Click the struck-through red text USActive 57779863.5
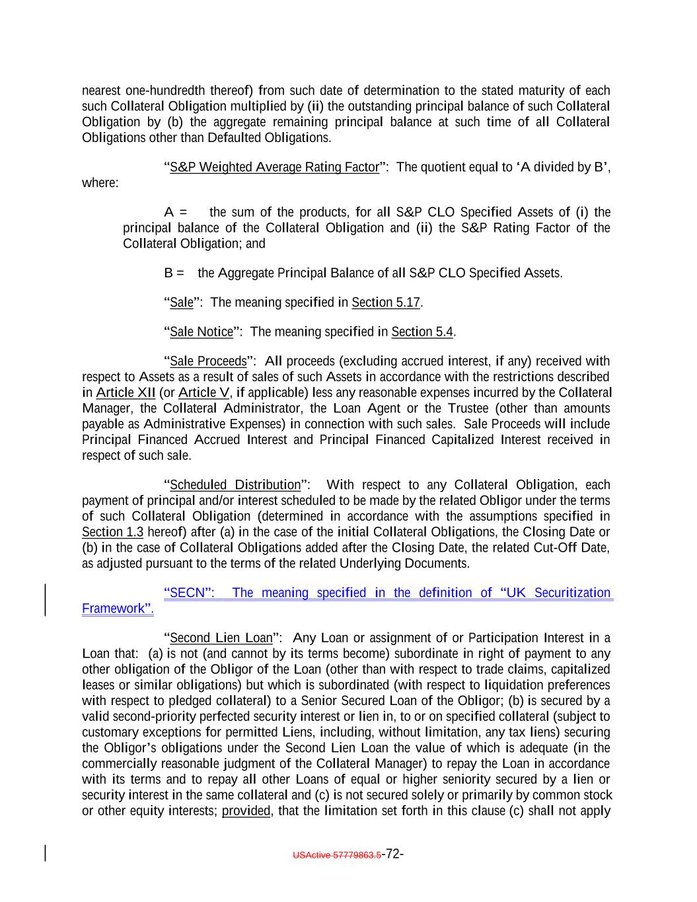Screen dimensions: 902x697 click(337, 854)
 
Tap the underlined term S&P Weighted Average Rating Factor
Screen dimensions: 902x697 click(274, 167)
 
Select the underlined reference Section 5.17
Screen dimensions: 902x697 click(386, 303)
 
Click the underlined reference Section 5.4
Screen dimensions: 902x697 click(422, 332)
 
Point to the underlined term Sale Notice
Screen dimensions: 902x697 click(202, 332)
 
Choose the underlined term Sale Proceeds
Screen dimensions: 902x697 click(208, 361)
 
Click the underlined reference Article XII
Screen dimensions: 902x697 click(126, 393)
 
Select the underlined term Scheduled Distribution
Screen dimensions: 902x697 click(235, 485)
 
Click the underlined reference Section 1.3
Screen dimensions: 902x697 click(112, 533)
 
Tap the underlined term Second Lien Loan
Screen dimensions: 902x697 click(221, 638)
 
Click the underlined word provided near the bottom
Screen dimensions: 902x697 click(246, 811)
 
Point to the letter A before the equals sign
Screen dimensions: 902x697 click(168, 212)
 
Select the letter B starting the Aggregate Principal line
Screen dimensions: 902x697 click(168, 274)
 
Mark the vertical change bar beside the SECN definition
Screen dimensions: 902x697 click(46, 600)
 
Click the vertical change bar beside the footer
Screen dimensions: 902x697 click(46, 853)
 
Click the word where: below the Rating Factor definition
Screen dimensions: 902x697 click(100, 183)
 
